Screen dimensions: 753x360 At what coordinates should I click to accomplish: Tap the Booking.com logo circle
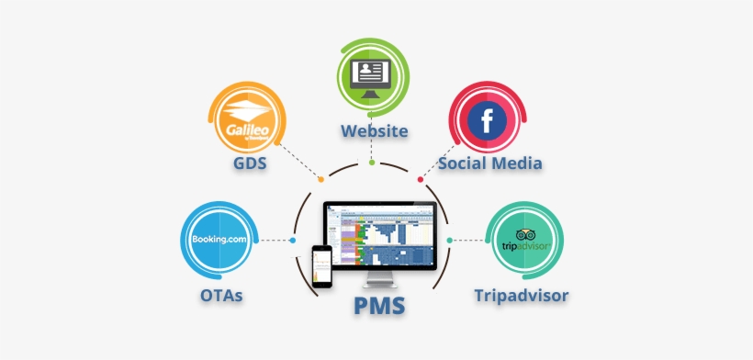218,241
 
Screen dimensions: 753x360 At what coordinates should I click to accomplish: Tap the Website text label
375,130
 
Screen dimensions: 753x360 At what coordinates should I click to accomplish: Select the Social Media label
489,163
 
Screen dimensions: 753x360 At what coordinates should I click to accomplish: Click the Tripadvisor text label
521,296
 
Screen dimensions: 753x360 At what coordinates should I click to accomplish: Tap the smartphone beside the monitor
321,267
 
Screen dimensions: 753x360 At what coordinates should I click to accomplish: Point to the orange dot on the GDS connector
320,179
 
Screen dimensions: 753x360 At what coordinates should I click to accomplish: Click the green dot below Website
372,163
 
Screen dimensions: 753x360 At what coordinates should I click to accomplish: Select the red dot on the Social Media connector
421,178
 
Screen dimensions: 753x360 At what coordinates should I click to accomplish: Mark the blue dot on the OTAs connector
292,241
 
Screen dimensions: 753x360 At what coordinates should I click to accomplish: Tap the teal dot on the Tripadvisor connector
450,241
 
